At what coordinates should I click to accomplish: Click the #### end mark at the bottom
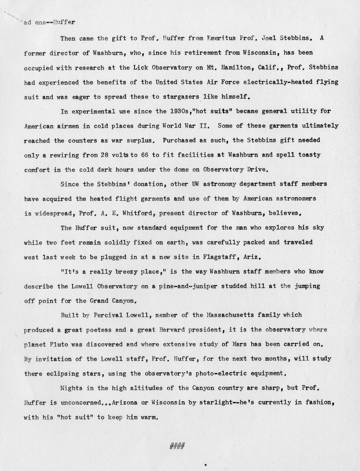tap(177, 445)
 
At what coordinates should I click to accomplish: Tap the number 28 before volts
tap(105, 155)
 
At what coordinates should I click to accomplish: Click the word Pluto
tap(58, 344)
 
